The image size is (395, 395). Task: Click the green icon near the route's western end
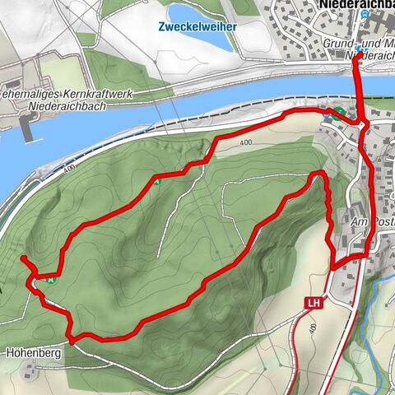coord(52,279)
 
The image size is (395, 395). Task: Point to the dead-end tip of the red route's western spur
coord(22,259)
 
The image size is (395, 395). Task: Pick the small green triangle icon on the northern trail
coord(156,181)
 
